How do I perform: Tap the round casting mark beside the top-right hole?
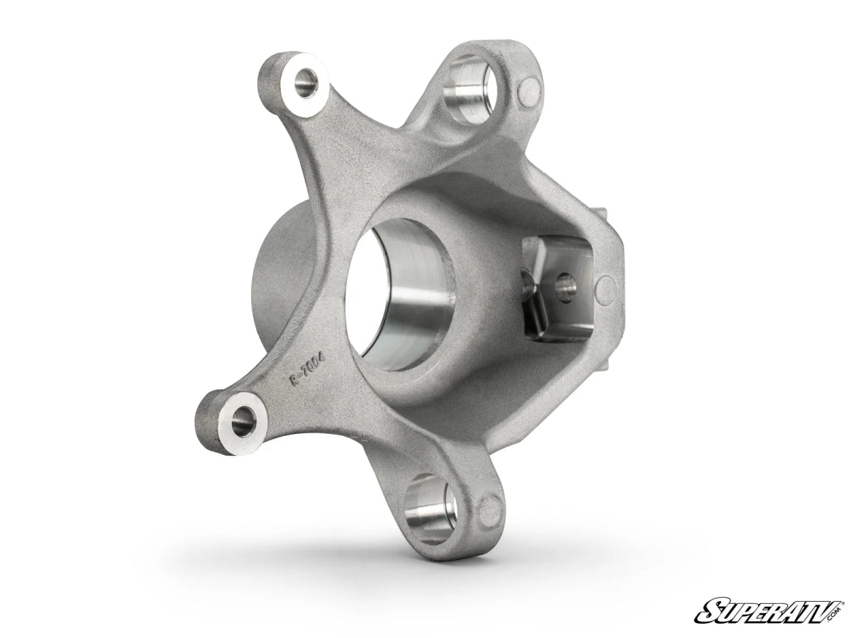coord(530,90)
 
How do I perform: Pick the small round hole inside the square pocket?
coord(566,286)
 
